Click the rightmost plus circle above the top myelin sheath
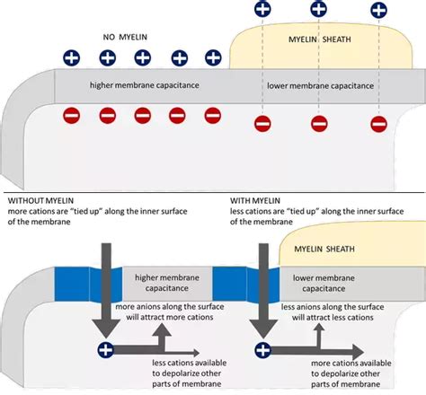[x=378, y=10]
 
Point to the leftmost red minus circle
[x=70, y=115]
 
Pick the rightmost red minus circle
[x=378, y=124]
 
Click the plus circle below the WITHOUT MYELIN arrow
[x=106, y=350]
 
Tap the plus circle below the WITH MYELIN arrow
[x=262, y=350]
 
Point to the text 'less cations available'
[x=175, y=363]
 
